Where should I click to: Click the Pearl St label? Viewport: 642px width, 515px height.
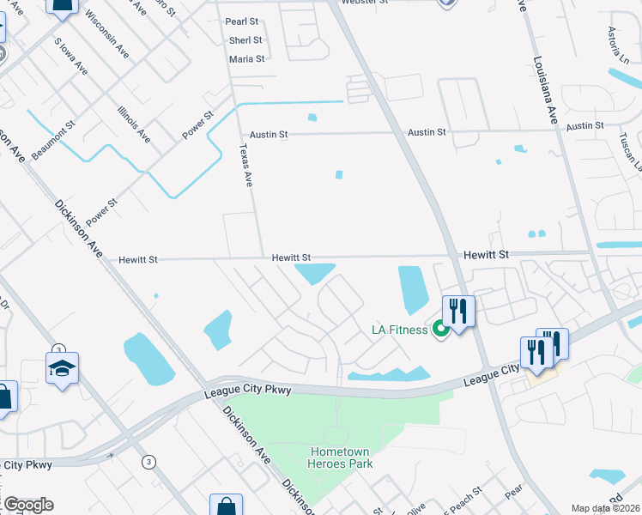tap(241, 21)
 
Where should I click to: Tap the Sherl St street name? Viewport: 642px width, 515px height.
tap(245, 39)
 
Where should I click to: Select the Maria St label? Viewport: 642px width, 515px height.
tap(246, 58)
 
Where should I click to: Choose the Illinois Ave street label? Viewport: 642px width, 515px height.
tap(134, 125)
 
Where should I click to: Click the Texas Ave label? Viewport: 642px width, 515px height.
tap(245, 166)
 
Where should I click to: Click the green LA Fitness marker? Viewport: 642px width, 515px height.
tap(441, 328)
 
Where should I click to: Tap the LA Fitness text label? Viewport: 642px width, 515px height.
tap(398, 330)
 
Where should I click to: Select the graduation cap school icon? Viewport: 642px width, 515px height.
tap(62, 369)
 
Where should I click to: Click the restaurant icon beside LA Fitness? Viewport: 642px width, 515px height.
tap(458, 311)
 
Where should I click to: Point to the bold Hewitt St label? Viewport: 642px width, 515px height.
tap(487, 255)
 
